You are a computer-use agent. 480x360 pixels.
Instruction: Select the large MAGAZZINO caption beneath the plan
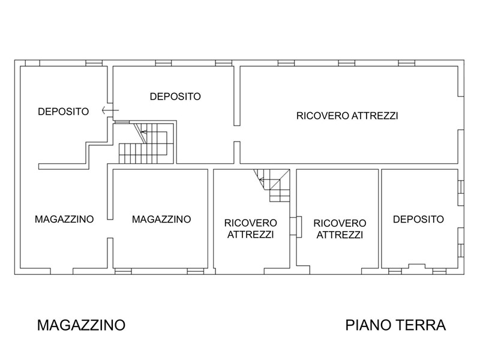pyautogui.click(x=81, y=325)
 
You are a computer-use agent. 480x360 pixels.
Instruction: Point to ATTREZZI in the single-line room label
pyautogui.click(x=374, y=116)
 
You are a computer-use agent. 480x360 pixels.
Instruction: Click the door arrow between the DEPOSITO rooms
pyautogui.click(x=110, y=110)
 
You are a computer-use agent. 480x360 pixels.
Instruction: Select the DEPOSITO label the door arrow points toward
pyautogui.click(x=64, y=112)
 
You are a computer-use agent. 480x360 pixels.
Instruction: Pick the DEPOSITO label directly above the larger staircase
pyautogui.click(x=175, y=97)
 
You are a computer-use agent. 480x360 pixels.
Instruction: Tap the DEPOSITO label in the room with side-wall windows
pyautogui.click(x=418, y=219)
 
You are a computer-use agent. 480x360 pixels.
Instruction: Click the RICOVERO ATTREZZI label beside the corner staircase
pyautogui.click(x=251, y=229)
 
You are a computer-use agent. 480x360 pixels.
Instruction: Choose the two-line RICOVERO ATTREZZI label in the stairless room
pyautogui.click(x=340, y=229)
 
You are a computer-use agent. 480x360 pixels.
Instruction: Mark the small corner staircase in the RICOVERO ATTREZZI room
pyautogui.click(x=272, y=185)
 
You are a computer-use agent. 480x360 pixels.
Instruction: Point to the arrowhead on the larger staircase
pyautogui.click(x=143, y=132)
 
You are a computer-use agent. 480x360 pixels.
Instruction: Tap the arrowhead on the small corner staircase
pyautogui.click(x=260, y=179)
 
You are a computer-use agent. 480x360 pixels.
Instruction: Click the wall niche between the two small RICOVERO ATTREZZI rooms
pyautogui.click(x=296, y=227)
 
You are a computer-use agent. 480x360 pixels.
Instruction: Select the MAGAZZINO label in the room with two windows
pyautogui.click(x=161, y=219)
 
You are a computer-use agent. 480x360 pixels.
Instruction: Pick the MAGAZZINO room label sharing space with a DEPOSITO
pyautogui.click(x=64, y=219)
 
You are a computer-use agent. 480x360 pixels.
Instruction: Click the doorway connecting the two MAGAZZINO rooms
pyautogui.click(x=110, y=229)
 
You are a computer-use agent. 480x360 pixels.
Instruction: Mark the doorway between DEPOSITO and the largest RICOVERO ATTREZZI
pyautogui.click(x=237, y=133)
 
